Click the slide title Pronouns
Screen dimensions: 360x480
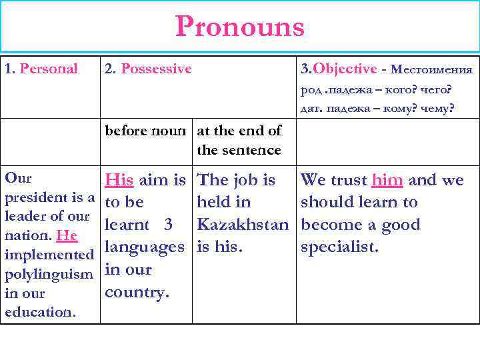point(240,27)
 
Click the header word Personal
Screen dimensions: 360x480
point(49,69)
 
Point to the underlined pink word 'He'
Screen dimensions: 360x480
point(67,236)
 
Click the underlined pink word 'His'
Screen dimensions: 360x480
point(120,180)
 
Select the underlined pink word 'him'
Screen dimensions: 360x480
point(387,180)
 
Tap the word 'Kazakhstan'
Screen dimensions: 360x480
point(243,225)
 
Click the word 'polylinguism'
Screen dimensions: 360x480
point(48,275)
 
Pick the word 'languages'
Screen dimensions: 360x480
point(145,247)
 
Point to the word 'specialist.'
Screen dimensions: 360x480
point(340,247)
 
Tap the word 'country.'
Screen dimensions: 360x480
point(136,292)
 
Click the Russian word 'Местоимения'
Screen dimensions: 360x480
point(432,70)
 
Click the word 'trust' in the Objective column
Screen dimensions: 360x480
point(347,180)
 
